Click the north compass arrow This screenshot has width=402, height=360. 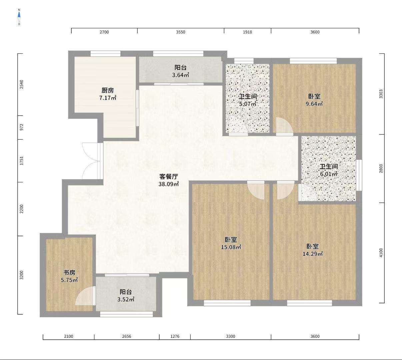[x=19, y=15]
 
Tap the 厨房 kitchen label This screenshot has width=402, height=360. [x=108, y=90]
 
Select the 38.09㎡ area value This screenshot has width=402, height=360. [x=169, y=184]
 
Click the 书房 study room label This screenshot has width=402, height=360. [x=69, y=272]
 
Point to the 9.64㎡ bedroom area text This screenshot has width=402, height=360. [x=314, y=104]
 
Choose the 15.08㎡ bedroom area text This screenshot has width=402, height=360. [x=231, y=247]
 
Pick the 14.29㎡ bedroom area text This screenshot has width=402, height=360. [x=313, y=254]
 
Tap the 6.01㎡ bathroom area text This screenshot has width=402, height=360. [x=329, y=174]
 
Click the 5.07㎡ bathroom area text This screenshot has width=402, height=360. [x=248, y=104]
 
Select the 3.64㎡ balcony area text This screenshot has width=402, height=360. [x=181, y=75]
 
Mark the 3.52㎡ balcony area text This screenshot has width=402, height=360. [x=126, y=299]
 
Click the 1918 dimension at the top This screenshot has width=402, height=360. [x=247, y=32]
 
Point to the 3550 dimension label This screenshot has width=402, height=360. [x=181, y=32]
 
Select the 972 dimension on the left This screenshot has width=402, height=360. [x=22, y=127]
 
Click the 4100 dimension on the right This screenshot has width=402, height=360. [x=381, y=253]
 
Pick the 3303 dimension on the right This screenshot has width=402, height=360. [x=381, y=94]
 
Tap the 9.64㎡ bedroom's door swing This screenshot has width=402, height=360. [x=284, y=126]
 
